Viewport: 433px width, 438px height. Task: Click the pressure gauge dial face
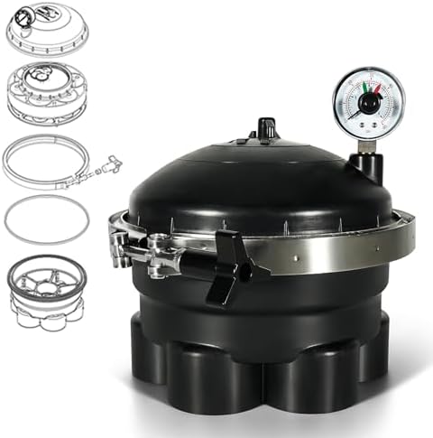[x=368, y=102]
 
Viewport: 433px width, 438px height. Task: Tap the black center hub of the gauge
[x=369, y=103]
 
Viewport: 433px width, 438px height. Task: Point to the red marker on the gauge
[x=366, y=88]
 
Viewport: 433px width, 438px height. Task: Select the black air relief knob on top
[x=265, y=128]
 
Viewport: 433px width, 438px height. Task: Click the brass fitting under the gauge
[x=367, y=144]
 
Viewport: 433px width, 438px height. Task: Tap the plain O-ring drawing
[x=47, y=219]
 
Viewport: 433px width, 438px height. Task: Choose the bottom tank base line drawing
[x=47, y=291]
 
